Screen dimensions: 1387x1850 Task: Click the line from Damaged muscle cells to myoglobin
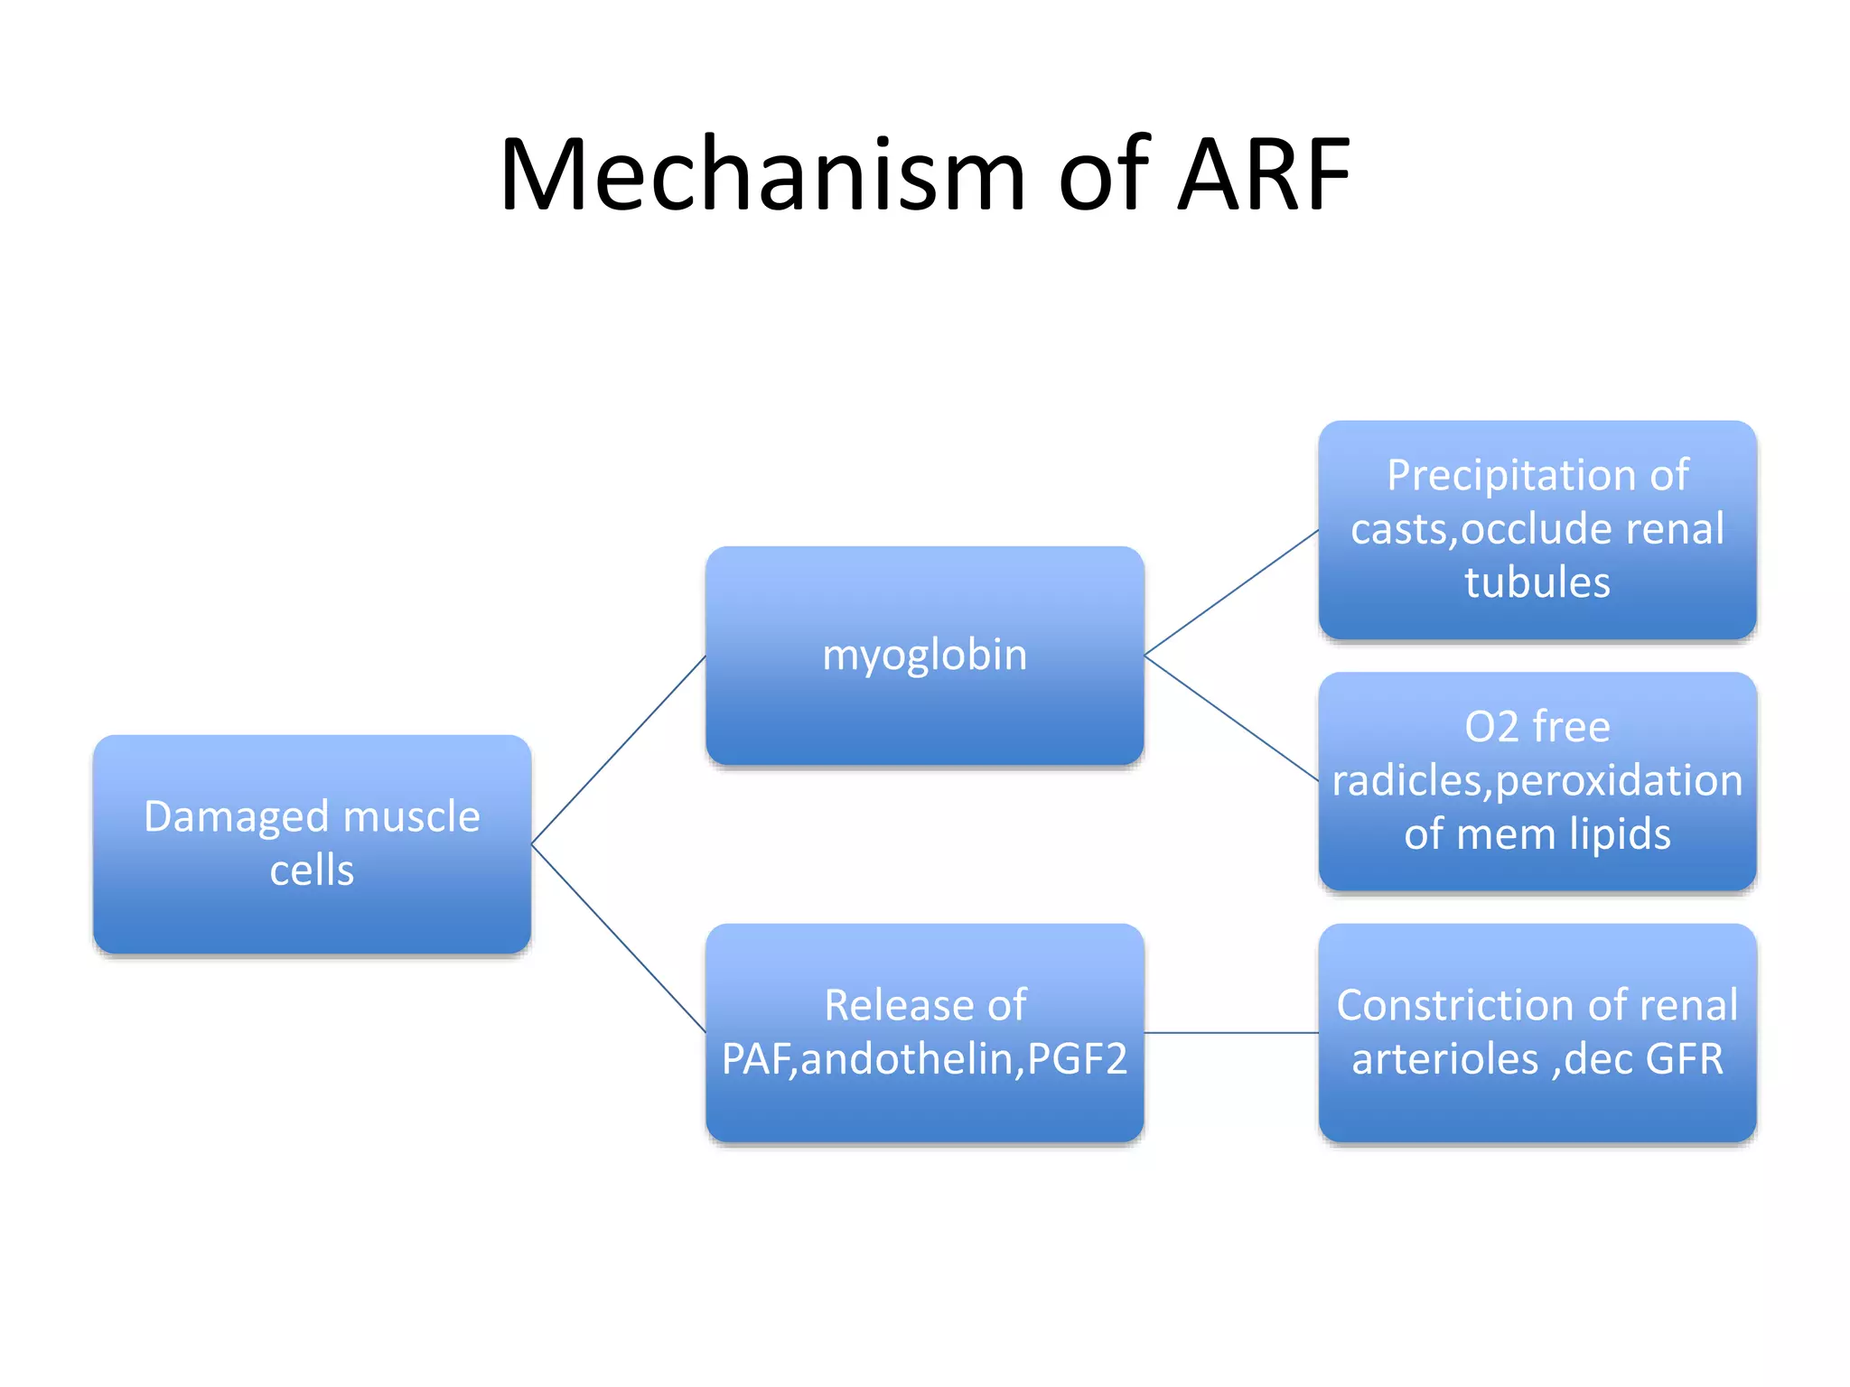coord(619,749)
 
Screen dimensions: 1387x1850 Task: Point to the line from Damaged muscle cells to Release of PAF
coord(619,939)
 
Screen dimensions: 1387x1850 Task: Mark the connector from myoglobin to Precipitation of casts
coord(1231,592)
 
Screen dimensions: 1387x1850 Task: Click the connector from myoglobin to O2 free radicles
coord(1231,718)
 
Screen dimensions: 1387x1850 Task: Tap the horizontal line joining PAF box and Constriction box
coord(1231,1032)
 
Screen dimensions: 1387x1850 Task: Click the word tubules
coord(1537,582)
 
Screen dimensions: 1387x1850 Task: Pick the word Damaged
coord(236,817)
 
